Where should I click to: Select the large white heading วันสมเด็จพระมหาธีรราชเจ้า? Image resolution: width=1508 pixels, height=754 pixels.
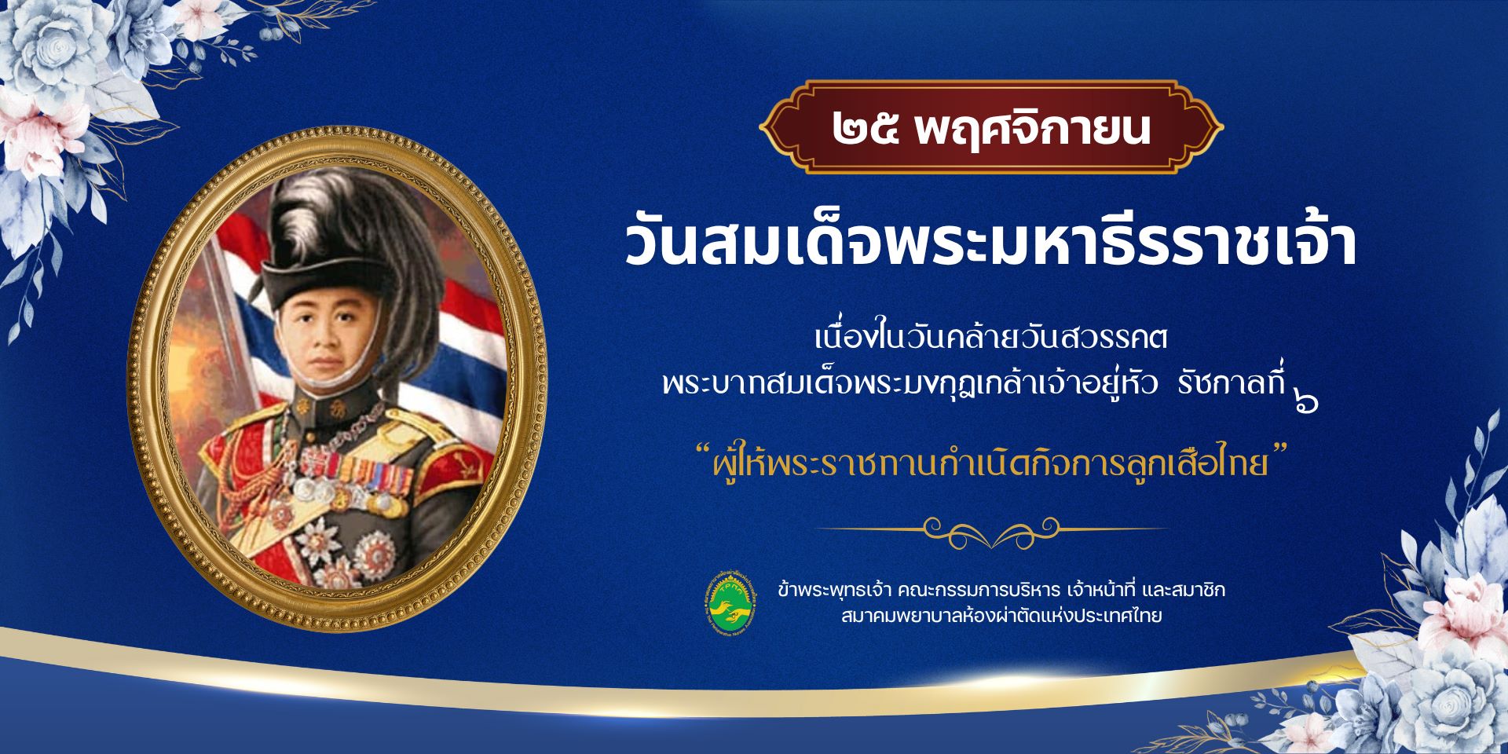tap(991, 243)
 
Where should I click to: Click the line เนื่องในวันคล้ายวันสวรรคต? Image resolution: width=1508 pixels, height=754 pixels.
tap(991, 340)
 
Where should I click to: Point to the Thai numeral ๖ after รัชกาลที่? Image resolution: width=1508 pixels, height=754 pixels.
tap(1305, 402)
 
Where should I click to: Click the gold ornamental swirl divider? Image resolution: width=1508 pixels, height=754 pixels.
tap(991, 529)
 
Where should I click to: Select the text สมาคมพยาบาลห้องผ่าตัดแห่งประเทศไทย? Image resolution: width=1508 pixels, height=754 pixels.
tap(1001, 617)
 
